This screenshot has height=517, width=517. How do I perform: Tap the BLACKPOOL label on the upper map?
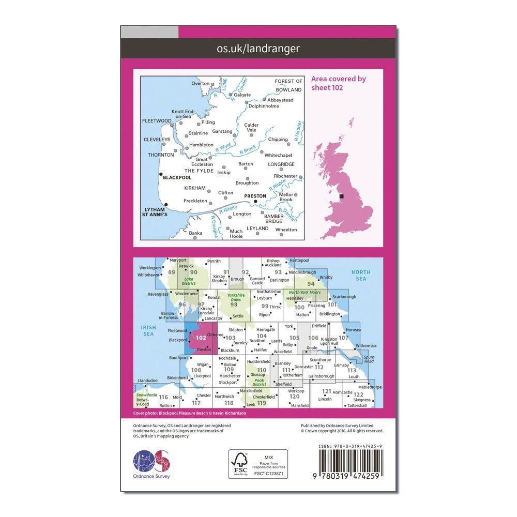(x=177, y=177)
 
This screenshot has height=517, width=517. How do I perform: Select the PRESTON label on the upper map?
(x=254, y=196)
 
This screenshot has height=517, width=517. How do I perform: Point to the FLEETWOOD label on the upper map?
(x=156, y=120)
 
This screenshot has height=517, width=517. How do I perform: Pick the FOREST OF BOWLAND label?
(x=288, y=85)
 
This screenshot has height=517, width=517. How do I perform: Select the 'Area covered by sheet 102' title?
(x=339, y=83)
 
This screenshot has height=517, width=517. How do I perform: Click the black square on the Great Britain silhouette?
(x=341, y=196)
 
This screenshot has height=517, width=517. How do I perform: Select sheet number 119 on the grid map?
(x=262, y=403)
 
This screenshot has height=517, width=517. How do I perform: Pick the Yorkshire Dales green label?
(x=238, y=297)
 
